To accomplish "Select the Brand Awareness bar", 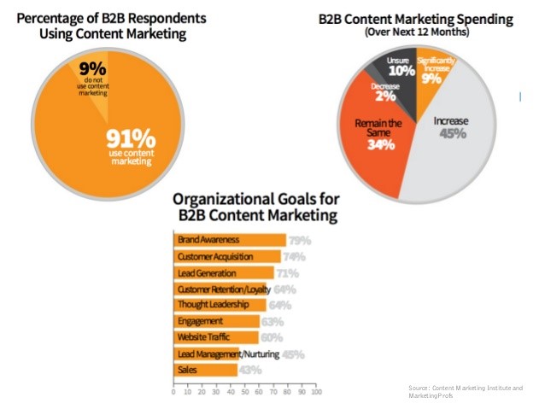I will click(x=229, y=241).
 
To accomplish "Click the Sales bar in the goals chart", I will click(x=205, y=370).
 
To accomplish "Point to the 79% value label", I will click(x=299, y=241).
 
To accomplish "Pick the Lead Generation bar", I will click(x=223, y=272).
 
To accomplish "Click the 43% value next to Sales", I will click(x=249, y=370).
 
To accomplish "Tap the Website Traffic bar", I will click(x=216, y=337).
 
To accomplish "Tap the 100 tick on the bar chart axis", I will click(x=316, y=393).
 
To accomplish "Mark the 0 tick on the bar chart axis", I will click(x=173, y=393).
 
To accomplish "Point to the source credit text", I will click(x=466, y=391).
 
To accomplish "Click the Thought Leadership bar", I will click(x=220, y=305).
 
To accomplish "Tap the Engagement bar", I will click(x=217, y=321).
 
